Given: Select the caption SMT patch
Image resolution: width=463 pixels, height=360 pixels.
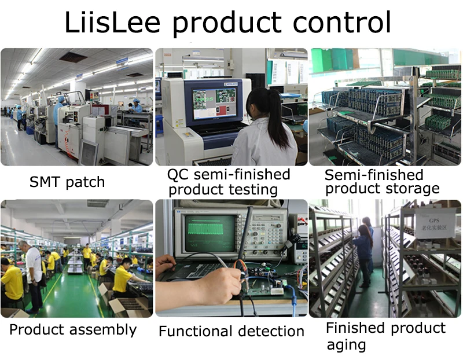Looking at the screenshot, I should coord(67,182).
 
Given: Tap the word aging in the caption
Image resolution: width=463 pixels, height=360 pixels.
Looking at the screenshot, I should coord(346,345).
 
